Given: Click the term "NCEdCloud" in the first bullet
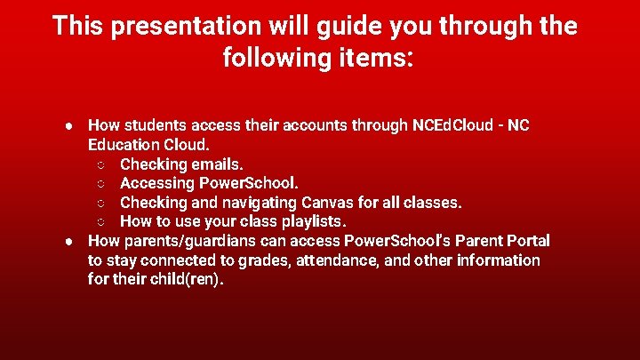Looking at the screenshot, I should [452, 125].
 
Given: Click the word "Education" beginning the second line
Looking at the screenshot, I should [124, 144].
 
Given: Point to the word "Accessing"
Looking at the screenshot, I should [156, 183].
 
